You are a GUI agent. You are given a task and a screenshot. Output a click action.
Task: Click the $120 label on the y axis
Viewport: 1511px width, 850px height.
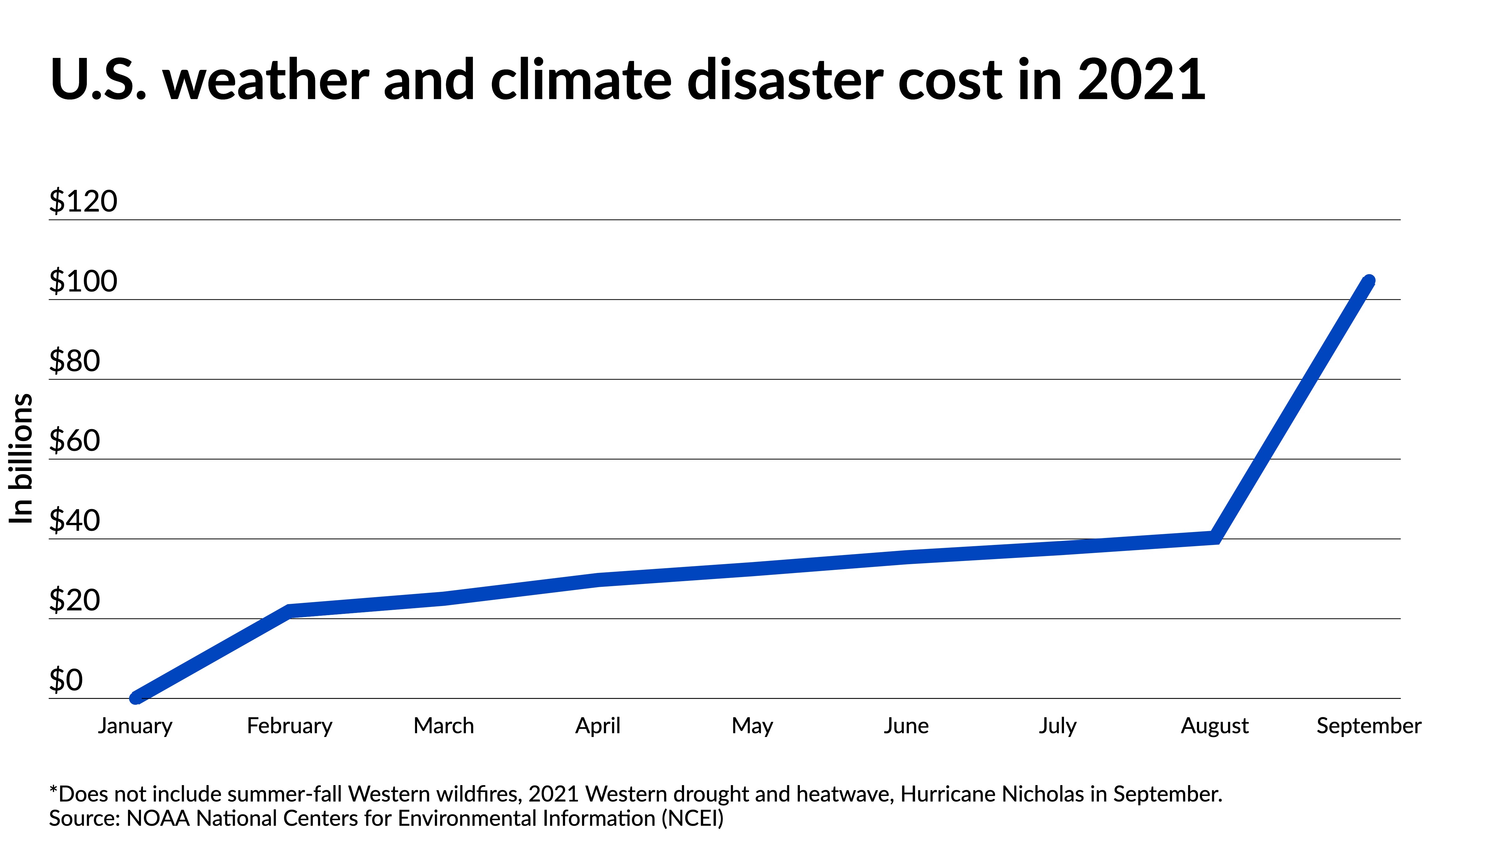[x=83, y=201]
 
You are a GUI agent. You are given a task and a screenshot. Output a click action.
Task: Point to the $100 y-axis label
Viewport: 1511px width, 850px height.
[x=83, y=281]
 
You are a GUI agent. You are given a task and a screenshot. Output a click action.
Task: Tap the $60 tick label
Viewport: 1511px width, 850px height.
[x=75, y=440]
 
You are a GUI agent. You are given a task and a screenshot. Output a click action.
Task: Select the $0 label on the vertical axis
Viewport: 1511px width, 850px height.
[x=66, y=680]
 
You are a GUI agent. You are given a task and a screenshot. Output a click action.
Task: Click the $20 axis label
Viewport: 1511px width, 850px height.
[x=75, y=600]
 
